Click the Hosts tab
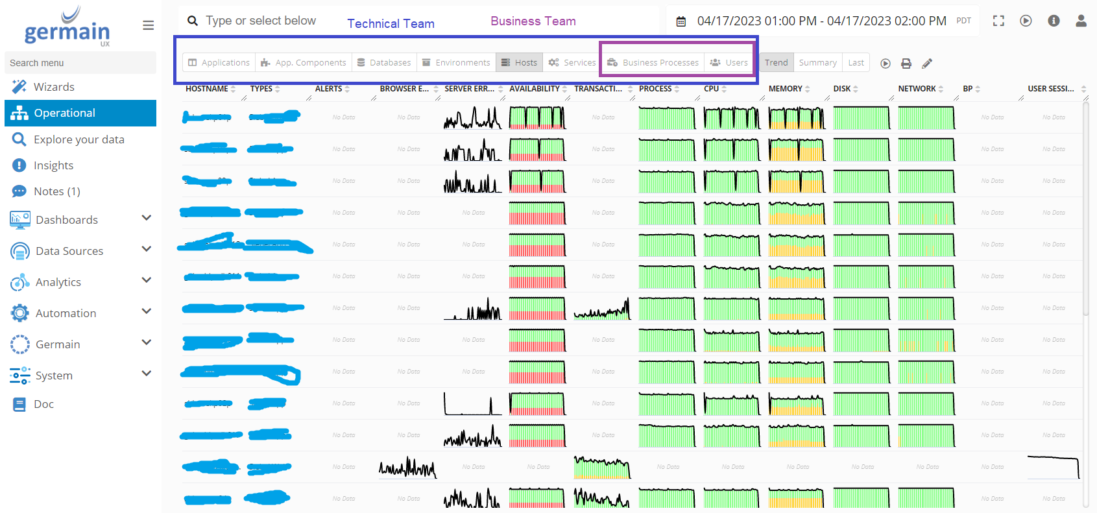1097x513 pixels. tap(520, 63)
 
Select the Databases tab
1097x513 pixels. tap(384, 63)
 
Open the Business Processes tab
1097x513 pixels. tap(653, 63)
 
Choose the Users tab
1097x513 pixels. tap(729, 63)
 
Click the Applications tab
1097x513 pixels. tap(219, 63)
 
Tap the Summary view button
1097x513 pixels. tap(817, 63)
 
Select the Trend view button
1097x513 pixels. tap(776, 63)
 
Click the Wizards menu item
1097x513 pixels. tap(54, 87)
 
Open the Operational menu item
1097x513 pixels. tap(64, 113)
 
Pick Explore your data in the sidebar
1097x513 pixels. tap(78, 139)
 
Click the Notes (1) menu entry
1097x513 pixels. tap(56, 191)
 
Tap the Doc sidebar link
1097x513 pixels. tap(43, 404)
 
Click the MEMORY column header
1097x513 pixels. tap(785, 89)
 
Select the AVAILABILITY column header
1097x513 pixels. tap(534, 89)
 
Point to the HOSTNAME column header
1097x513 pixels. tap(206, 89)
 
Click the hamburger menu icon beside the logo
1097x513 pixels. tap(149, 25)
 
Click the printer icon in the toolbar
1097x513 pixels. tap(906, 64)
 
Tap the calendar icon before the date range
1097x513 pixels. tap(681, 21)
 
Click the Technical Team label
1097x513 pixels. tap(391, 24)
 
